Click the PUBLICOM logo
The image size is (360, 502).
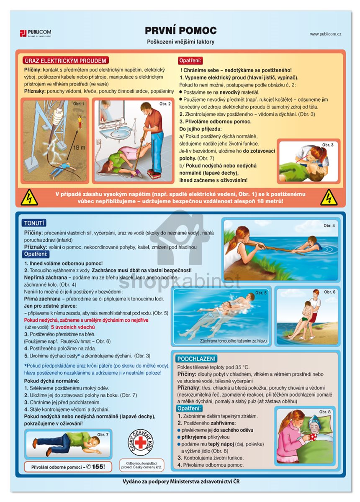pyautogui.click(x=36, y=33)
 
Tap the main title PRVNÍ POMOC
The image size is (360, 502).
pyautogui.click(x=180, y=31)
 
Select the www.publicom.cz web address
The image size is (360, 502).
pyautogui.click(x=325, y=34)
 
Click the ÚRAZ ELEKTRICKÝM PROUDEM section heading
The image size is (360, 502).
pyautogui.click(x=65, y=61)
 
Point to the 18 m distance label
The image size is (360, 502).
pyautogui.click(x=79, y=147)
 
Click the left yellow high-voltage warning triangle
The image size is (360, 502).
pyautogui.click(x=29, y=197)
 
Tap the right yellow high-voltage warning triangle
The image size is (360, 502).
pyautogui.click(x=329, y=197)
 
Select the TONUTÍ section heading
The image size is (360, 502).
pyautogui.click(x=34, y=223)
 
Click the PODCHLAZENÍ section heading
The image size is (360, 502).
pyautogui.click(x=196, y=359)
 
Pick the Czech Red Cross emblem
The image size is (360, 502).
pyautogui.click(x=140, y=444)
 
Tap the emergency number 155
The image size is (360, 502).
pyautogui.click(x=98, y=466)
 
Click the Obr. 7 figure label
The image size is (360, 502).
pyautogui.click(x=103, y=435)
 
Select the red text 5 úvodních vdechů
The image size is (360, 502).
pyautogui.click(x=73, y=327)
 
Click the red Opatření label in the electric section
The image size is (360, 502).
pyautogui.click(x=190, y=61)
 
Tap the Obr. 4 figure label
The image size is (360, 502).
pyautogui.click(x=329, y=225)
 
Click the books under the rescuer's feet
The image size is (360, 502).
pyautogui.click(x=154, y=174)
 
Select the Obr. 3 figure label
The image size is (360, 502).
pyautogui.click(x=328, y=145)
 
